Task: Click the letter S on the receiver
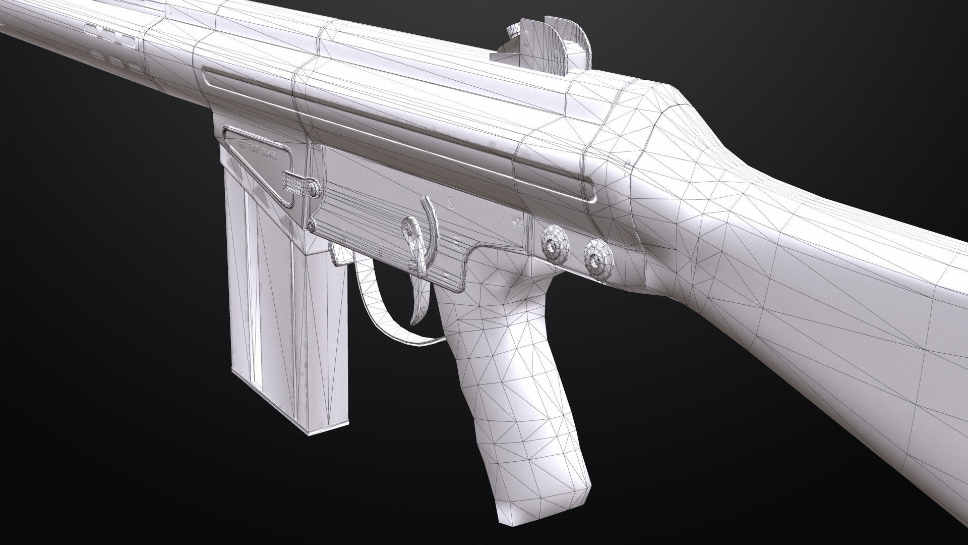click(451, 203)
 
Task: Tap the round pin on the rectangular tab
click(315, 190)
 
